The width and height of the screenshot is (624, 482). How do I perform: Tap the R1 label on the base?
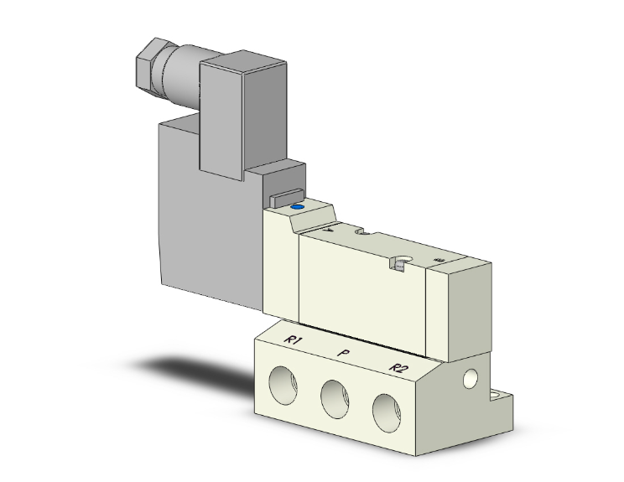tap(293, 339)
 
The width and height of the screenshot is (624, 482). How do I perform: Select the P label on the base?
tap(343, 354)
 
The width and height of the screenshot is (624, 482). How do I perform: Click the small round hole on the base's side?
tap(470, 381)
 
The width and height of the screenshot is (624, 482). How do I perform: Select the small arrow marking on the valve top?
tap(328, 226)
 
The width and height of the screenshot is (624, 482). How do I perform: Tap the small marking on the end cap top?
tap(439, 262)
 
